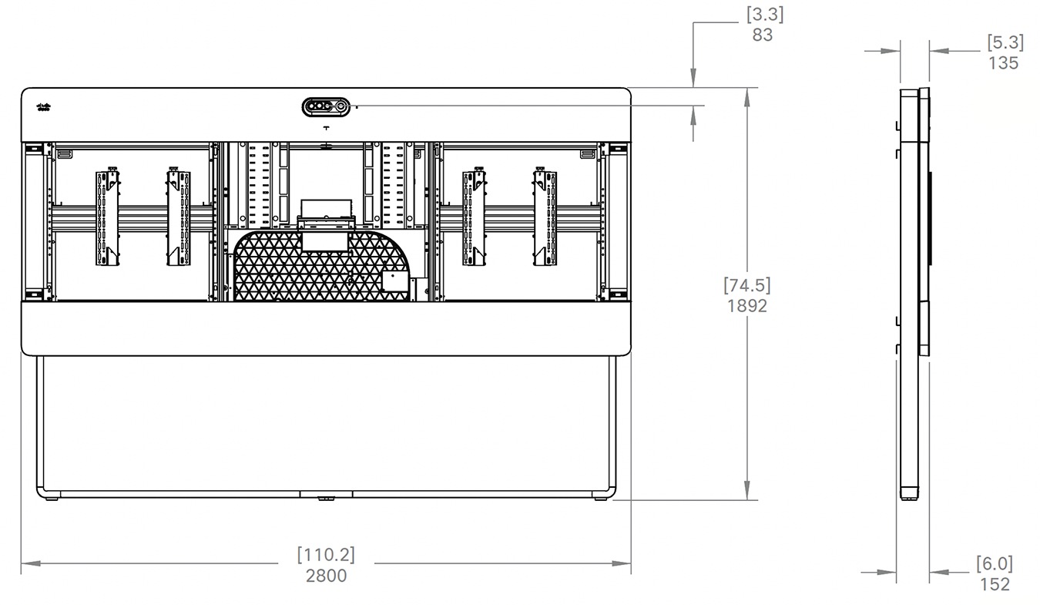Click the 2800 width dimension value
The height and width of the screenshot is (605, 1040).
327,575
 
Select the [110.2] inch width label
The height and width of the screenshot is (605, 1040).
327,554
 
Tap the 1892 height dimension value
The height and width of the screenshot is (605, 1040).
746,305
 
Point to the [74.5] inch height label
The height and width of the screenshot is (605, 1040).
746,284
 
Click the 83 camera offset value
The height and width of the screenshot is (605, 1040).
762,35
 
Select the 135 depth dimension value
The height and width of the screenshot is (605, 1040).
1003,63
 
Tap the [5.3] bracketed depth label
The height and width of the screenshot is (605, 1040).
1005,42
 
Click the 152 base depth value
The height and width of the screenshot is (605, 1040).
995,584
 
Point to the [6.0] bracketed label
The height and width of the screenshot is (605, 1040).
995,563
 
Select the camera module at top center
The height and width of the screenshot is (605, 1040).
326,106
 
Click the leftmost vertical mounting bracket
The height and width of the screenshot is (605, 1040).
108,218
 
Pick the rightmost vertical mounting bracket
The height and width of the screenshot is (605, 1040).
545,218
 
